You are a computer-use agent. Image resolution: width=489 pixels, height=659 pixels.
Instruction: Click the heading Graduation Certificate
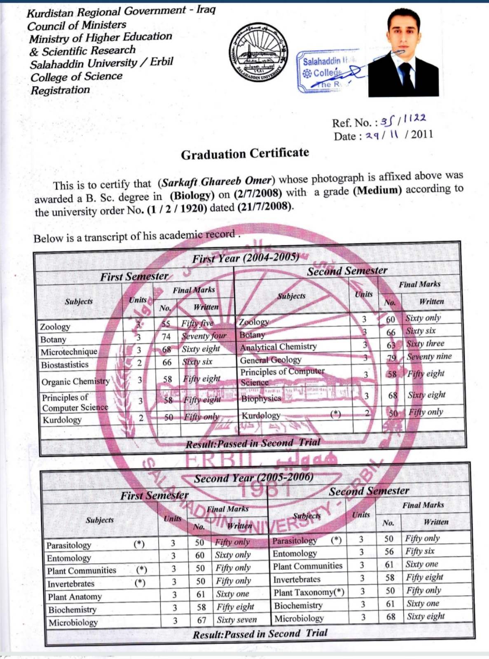tap(245, 154)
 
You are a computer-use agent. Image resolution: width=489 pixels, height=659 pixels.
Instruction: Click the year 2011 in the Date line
tap(422, 134)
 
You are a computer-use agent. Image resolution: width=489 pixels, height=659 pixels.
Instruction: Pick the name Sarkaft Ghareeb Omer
tap(217, 182)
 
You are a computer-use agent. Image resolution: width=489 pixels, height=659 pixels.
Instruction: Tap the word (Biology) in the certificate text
tap(192, 195)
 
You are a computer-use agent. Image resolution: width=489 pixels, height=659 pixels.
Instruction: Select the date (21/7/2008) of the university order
tap(265, 207)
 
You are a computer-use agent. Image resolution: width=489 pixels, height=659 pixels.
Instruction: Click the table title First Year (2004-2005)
tap(246, 258)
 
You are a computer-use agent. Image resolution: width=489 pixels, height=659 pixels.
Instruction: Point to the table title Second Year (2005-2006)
tap(253, 478)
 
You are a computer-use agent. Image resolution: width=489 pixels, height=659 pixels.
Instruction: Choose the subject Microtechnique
tap(69, 352)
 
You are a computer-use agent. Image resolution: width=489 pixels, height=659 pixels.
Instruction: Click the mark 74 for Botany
tap(166, 337)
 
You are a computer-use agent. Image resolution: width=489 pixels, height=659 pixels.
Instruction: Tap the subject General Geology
tap(271, 360)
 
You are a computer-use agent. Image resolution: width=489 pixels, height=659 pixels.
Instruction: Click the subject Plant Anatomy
tap(75, 597)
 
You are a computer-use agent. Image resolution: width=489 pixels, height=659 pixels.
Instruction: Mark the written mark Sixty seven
tap(236, 620)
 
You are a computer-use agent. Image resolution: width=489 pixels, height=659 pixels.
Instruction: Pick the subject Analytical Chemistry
tap(278, 347)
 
